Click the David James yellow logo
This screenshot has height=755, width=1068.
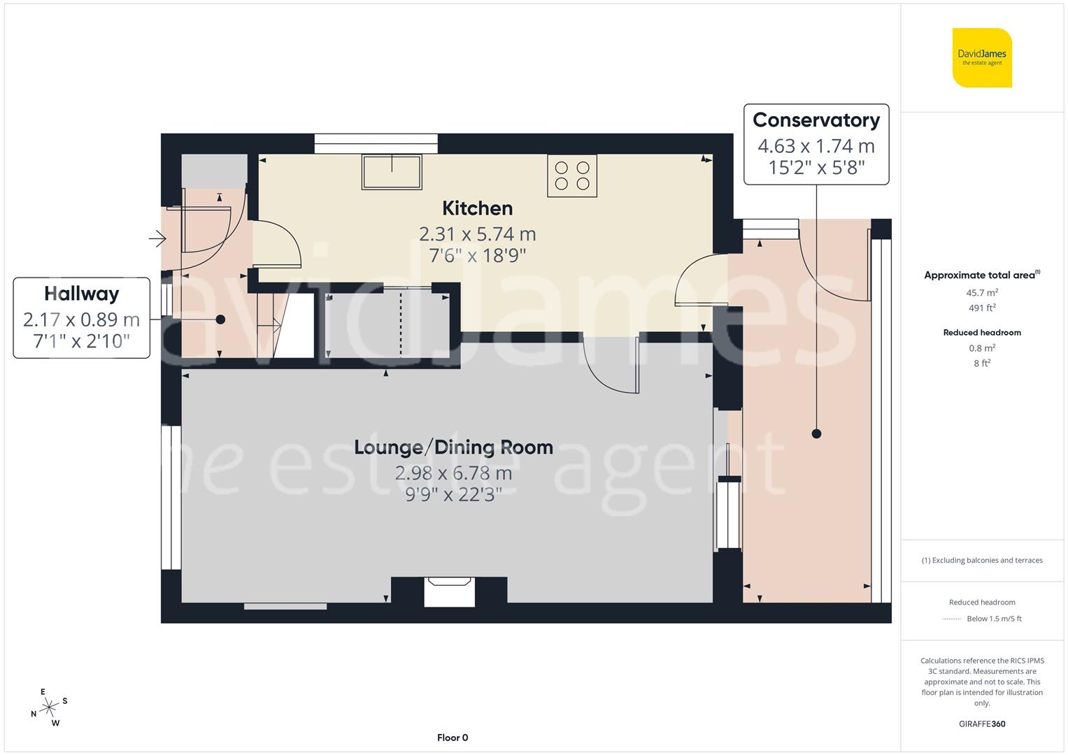pos(982,57)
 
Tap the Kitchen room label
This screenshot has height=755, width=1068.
pos(478,208)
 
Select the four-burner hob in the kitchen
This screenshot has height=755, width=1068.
pos(572,175)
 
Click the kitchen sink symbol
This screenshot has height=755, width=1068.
pos(392,171)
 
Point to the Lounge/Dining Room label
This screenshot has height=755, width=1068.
pos(453,447)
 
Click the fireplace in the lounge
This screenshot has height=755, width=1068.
pos(450,591)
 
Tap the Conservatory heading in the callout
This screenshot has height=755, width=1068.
pos(816,120)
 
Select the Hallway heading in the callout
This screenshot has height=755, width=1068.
pos(82,294)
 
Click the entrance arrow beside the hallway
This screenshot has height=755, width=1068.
pos(157,240)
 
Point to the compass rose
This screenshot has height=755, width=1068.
pos(48,707)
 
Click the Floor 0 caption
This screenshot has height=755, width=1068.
pos(453,738)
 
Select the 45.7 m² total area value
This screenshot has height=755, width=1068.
pos(982,293)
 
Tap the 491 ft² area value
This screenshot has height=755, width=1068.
pos(982,308)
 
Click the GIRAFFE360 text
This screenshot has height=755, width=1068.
pos(982,724)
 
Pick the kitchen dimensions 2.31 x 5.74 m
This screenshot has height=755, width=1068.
pos(478,233)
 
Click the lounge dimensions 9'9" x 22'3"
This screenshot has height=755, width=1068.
pos(453,495)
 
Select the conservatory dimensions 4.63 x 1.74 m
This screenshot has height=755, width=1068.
pos(816,146)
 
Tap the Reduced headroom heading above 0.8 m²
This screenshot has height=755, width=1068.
pos(982,333)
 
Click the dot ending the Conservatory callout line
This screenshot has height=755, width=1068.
pos(816,434)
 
